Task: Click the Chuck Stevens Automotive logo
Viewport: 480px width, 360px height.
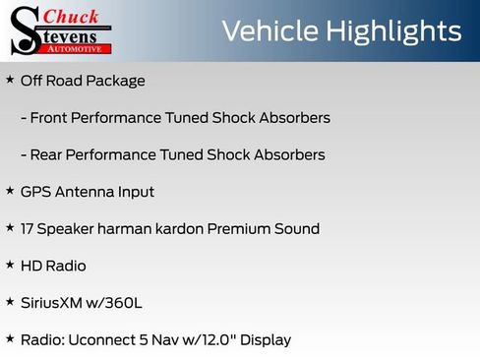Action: tap(61, 30)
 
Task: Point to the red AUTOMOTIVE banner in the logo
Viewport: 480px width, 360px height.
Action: tap(79, 47)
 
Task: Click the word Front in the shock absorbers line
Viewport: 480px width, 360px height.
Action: tap(50, 118)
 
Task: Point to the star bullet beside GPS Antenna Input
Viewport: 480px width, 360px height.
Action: tap(10, 191)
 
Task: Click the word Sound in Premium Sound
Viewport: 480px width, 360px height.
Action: tap(297, 229)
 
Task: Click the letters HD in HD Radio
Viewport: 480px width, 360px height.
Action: tap(30, 267)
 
